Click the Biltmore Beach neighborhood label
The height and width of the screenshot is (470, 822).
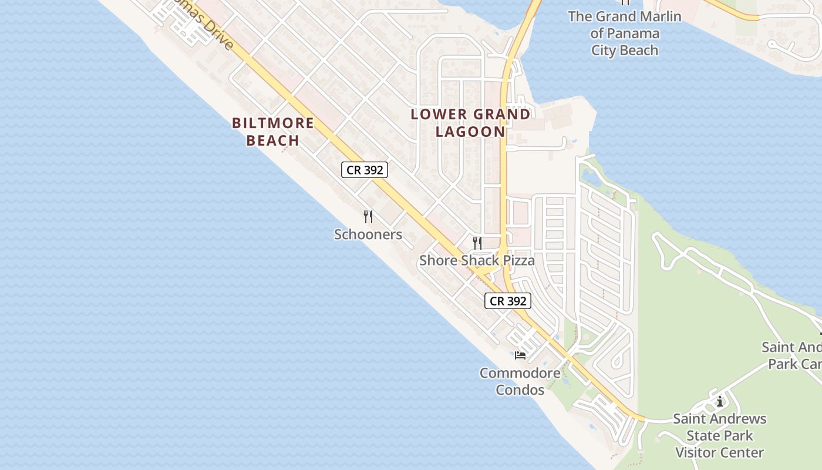pos(273,132)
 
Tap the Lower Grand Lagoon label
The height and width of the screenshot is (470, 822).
pos(470,123)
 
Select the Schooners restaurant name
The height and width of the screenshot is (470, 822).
pos(368,234)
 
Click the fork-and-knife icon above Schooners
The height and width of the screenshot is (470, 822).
pos(368,217)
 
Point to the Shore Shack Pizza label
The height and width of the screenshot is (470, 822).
pos(477,260)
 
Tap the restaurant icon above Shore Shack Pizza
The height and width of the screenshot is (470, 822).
pos(477,243)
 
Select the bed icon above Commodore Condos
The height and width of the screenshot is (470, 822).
pos(520,355)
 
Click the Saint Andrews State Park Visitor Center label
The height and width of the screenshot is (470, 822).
pos(719,435)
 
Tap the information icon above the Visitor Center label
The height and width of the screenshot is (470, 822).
pos(720,402)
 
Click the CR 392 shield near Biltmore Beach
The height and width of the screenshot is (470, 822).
pos(365,170)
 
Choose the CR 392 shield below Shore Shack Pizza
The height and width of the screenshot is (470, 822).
pos(508,301)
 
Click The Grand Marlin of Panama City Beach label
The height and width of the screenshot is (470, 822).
pos(625,33)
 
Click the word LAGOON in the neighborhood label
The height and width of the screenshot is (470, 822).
pos(470,132)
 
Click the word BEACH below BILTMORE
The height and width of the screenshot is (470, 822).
pos(273,140)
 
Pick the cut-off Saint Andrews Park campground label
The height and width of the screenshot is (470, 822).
pos(793,355)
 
